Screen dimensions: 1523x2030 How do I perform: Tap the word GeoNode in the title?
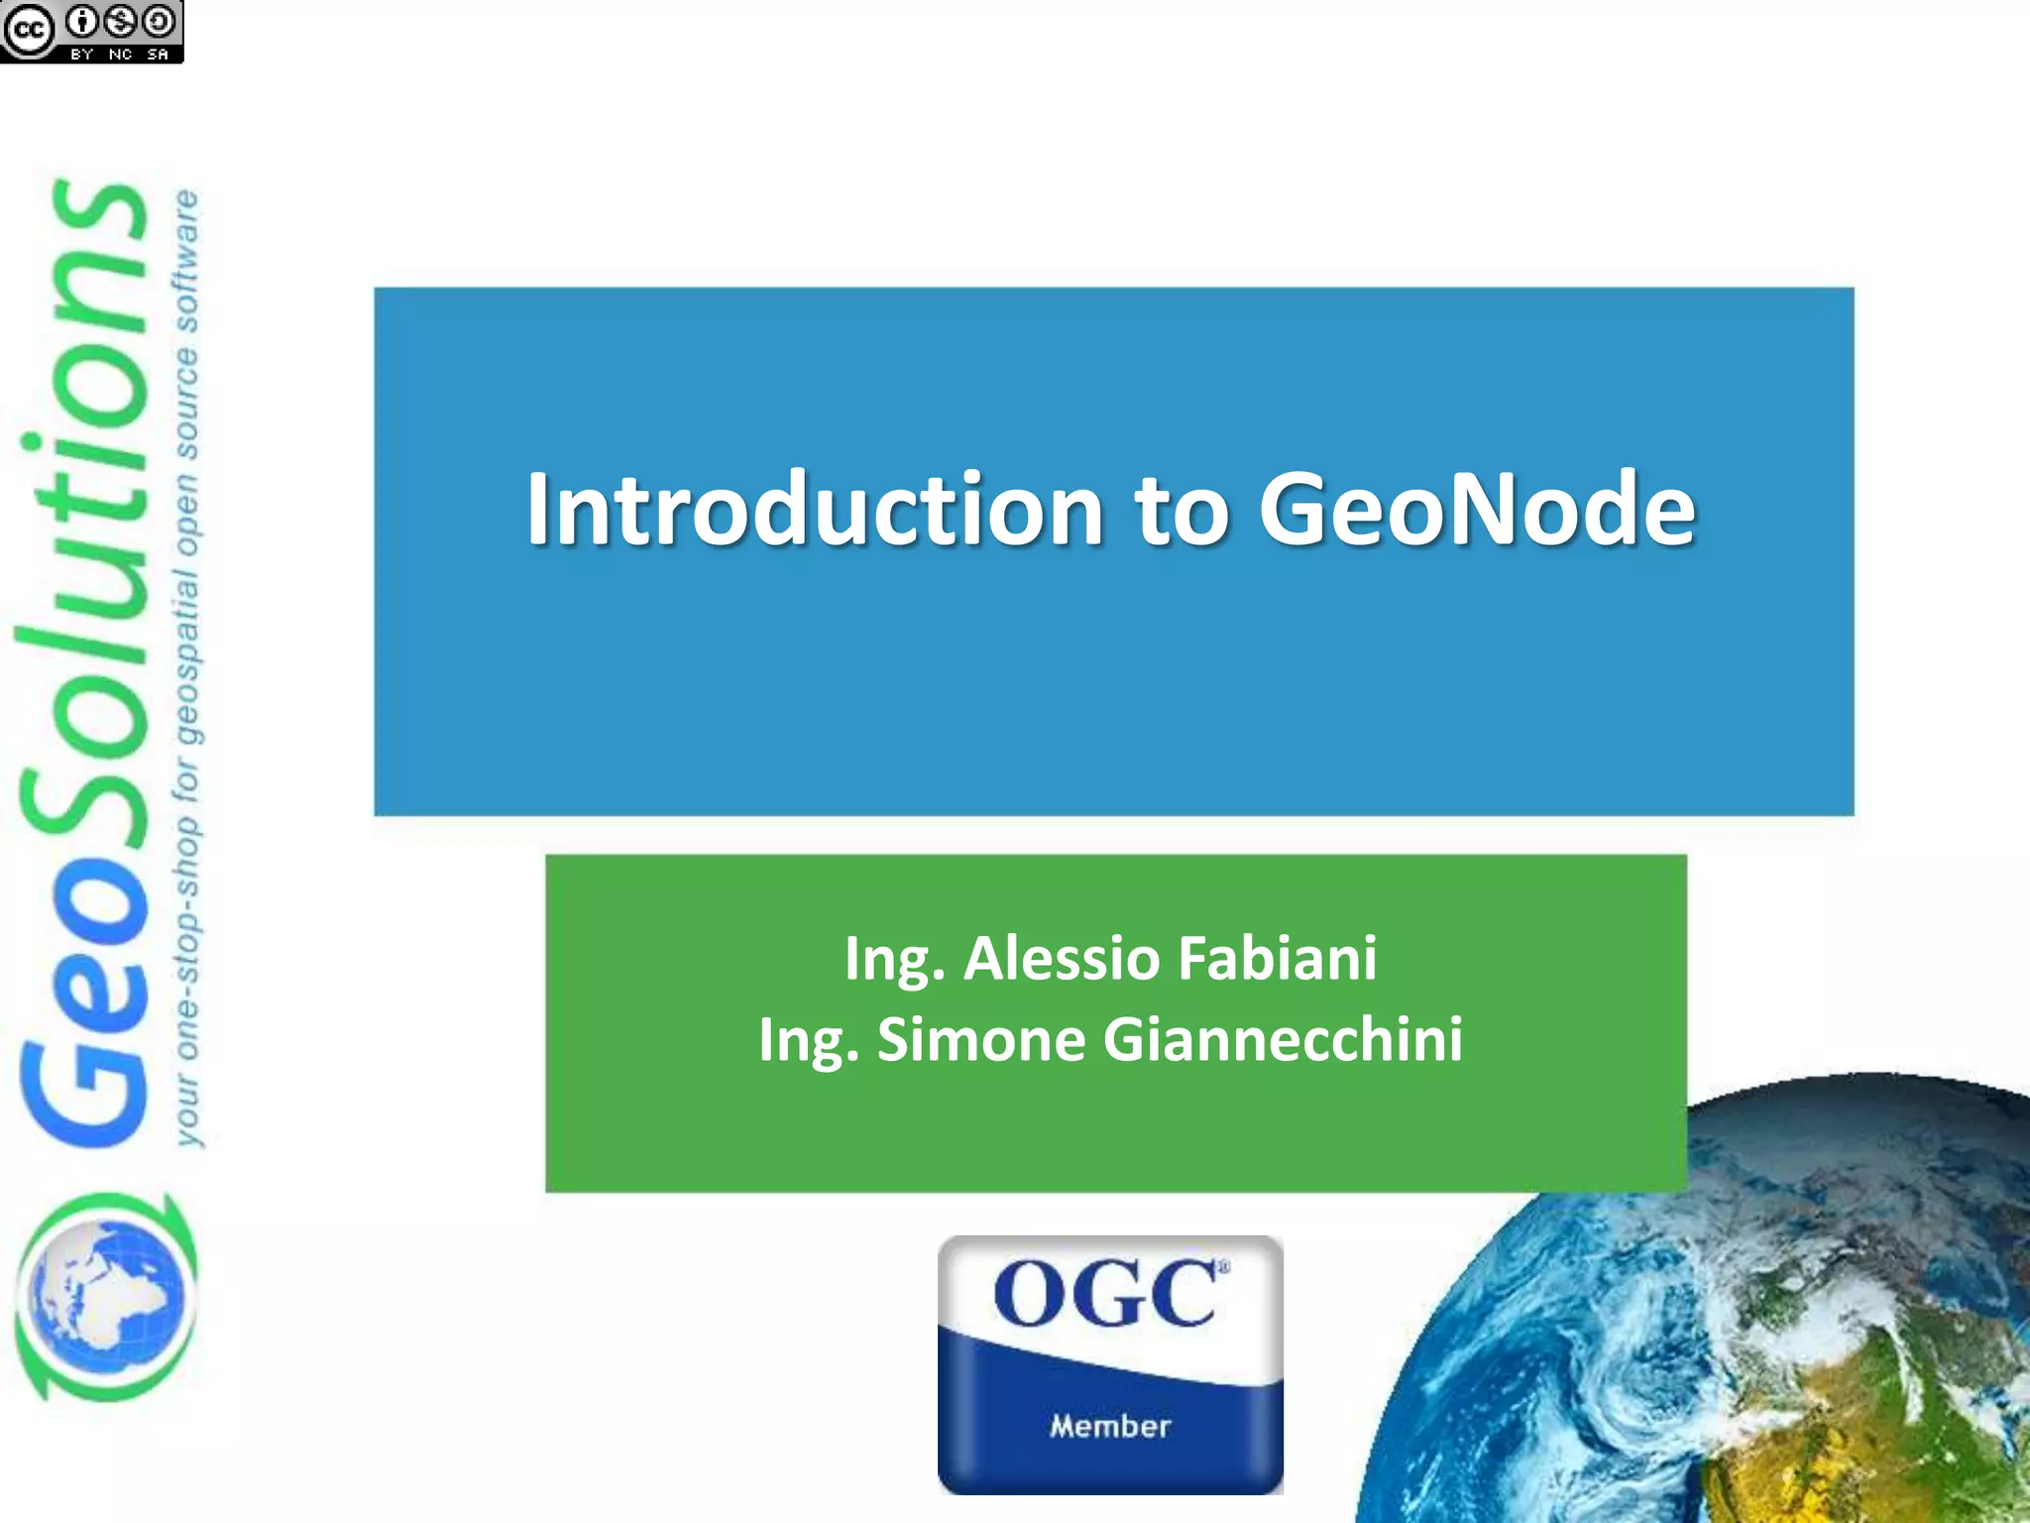coord(1477,510)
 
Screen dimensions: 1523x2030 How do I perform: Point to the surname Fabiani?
coord(1278,959)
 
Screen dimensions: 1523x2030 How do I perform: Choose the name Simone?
coord(981,1040)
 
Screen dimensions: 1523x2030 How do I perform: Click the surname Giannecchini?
coord(1283,1040)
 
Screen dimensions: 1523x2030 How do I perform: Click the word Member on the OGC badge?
coord(1110,1426)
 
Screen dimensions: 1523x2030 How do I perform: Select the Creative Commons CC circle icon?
coord(28,30)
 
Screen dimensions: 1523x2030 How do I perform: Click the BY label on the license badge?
coord(82,55)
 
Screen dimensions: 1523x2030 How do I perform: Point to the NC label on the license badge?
coord(121,55)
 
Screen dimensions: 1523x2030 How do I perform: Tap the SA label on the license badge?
coord(158,55)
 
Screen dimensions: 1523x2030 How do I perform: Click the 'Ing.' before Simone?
coord(808,1042)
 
